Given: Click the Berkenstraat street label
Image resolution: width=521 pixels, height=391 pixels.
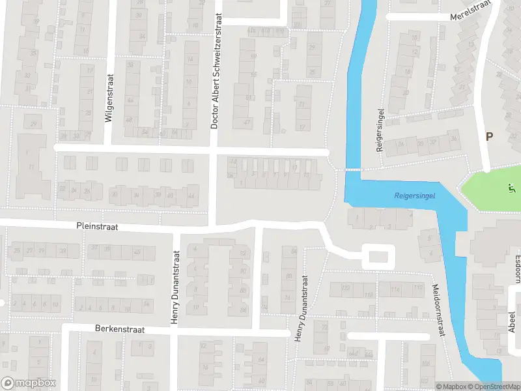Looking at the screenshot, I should click(119, 330).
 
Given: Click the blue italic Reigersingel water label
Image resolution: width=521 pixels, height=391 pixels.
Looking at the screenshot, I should click(415, 195).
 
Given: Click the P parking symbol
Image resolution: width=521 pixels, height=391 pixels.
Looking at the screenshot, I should click(489, 136).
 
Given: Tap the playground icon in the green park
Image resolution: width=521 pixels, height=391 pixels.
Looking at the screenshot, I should click(510, 190).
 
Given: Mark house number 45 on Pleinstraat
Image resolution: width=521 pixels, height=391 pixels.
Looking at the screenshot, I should click(136, 252).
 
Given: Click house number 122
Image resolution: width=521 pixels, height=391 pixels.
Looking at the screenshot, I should click(346, 288).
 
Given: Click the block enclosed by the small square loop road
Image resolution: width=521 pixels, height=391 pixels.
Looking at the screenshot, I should click(378, 257).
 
